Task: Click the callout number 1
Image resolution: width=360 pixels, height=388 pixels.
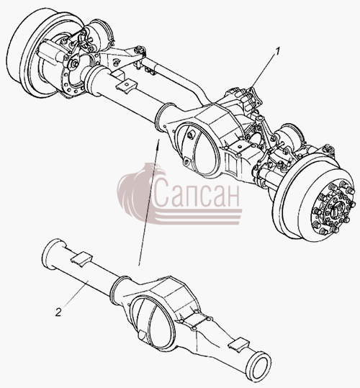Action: click(278, 52)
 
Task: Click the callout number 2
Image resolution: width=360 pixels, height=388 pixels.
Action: click(58, 312)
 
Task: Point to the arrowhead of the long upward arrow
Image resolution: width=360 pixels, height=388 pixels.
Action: click(158, 143)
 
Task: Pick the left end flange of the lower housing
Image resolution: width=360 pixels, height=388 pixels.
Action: click(53, 254)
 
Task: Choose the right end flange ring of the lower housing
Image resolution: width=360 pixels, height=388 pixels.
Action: click(260, 364)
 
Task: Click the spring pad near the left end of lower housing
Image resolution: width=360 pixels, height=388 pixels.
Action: click(81, 259)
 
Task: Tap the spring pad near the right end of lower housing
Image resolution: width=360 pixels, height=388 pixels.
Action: click(240, 344)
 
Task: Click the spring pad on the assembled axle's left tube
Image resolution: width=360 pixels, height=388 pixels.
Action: click(126, 86)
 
